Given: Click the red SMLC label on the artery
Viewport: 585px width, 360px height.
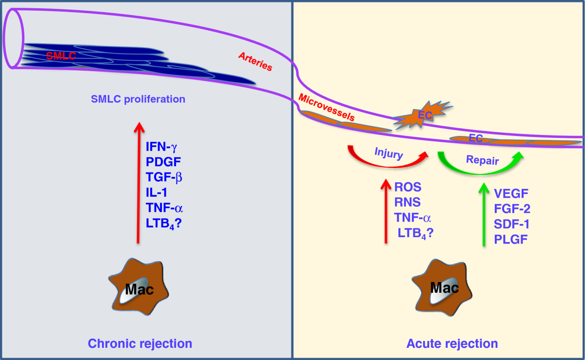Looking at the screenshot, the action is click(61, 56).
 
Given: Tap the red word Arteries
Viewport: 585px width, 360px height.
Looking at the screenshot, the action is click(255, 61).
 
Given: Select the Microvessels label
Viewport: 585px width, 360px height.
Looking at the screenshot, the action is click(327, 107).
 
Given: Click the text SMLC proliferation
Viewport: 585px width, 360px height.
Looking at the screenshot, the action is click(138, 99).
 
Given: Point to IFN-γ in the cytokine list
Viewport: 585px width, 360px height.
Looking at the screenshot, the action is click(161, 147).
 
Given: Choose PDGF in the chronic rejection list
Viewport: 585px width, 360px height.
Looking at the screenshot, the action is click(163, 162).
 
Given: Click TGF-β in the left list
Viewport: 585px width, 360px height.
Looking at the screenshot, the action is click(164, 177).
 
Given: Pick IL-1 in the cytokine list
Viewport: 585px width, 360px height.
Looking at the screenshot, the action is click(156, 192).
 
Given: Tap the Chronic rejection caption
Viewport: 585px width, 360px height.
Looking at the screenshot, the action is click(140, 343).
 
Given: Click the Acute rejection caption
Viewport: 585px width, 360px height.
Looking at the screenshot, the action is click(452, 343).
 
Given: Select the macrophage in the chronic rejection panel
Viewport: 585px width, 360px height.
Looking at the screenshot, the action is click(138, 287).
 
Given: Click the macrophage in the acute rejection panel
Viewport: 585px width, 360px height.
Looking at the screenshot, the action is click(442, 288).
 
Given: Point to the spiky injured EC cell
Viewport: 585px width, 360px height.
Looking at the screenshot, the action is click(423, 115).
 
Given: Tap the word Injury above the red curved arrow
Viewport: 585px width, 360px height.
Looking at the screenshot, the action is click(389, 153).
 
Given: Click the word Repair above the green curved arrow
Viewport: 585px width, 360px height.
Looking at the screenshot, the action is click(482, 160).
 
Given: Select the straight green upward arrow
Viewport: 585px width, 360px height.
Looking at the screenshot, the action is click(484, 214).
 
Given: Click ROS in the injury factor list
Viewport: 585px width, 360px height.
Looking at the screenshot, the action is click(408, 187).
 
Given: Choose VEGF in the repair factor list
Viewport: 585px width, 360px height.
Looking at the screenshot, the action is click(511, 194).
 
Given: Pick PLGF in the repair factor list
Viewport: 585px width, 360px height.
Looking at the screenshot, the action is click(510, 239).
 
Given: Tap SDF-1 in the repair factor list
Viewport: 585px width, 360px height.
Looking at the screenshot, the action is click(511, 224).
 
